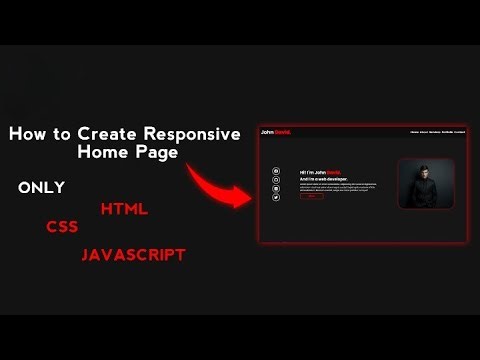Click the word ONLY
click(x=42, y=187)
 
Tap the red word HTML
click(x=124, y=209)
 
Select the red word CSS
click(x=62, y=227)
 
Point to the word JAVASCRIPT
click(x=133, y=255)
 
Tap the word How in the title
click(x=28, y=134)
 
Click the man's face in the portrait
click(x=426, y=174)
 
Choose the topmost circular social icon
click(x=276, y=172)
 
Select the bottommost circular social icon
click(x=276, y=199)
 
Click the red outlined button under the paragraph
click(x=311, y=197)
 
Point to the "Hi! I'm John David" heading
click(x=320, y=173)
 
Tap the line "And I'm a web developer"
click(x=322, y=179)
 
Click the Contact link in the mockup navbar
click(x=460, y=132)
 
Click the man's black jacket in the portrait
click(x=426, y=196)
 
